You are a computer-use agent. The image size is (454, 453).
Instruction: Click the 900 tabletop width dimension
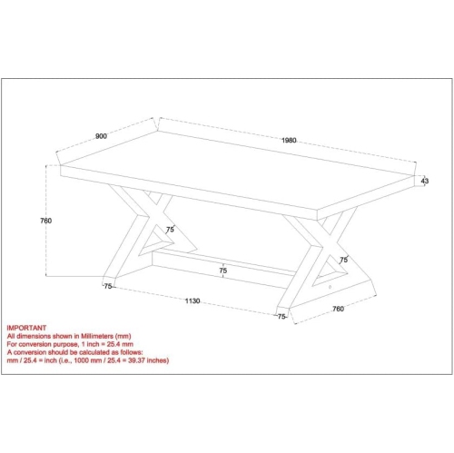101,136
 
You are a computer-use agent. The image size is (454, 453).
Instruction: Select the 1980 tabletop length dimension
289,141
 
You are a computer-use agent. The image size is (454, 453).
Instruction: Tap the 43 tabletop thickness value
425,181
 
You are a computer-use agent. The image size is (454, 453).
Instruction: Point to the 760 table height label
46,221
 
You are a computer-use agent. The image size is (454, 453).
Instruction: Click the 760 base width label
338,309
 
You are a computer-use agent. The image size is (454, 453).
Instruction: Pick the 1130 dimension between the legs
192,300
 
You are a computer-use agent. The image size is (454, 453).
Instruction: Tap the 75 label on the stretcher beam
223,271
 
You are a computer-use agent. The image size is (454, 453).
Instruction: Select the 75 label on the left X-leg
170,230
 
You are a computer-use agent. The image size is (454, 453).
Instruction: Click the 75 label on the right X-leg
343,260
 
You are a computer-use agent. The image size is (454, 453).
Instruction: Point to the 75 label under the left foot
108,286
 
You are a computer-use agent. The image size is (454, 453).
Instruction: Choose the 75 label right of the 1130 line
281,317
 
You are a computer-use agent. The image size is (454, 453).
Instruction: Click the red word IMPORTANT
26,328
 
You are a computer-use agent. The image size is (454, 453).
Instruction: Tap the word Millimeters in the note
97,336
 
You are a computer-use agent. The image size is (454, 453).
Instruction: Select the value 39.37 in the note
137,360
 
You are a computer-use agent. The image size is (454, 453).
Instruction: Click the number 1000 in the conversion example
81,360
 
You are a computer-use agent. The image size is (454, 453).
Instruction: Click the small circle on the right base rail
330,287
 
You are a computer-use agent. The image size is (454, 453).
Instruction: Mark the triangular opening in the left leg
155,241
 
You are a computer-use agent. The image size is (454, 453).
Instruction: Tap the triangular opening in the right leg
329,271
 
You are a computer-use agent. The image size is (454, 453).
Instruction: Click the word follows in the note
132,352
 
